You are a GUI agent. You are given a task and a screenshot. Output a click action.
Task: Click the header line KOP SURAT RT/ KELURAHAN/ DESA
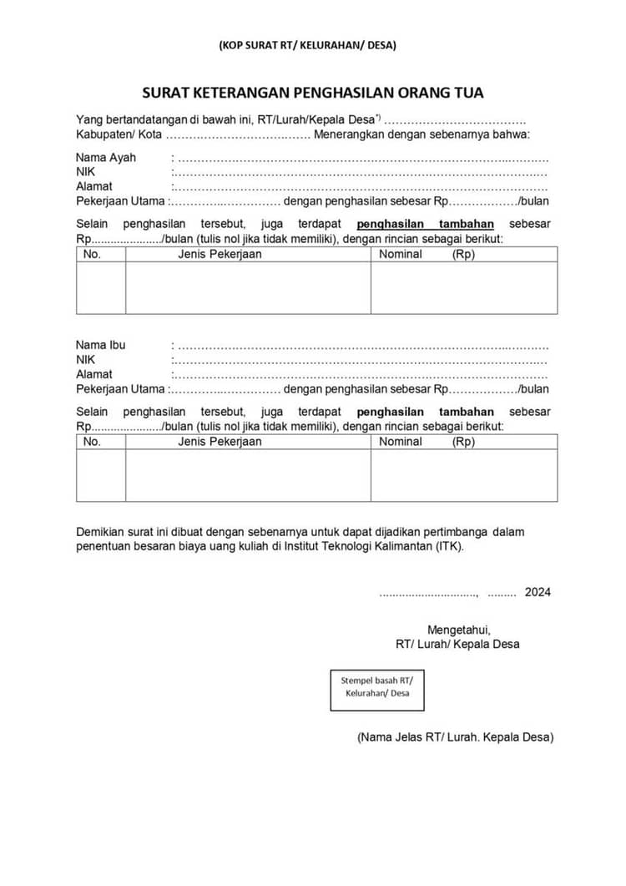tap(307, 45)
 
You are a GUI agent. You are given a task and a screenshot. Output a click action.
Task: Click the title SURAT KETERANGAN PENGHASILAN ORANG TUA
tap(312, 93)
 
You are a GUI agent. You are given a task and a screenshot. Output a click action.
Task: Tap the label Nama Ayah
tap(106, 157)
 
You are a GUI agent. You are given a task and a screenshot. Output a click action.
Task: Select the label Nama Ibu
tap(101, 345)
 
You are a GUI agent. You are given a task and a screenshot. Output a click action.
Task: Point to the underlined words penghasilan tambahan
tap(425, 224)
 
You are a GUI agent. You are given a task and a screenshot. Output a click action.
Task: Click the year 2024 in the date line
tap(538, 592)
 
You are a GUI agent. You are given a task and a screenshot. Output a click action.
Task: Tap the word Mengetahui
tap(458, 630)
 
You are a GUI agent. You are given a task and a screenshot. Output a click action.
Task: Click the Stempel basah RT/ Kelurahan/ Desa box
tap(377, 686)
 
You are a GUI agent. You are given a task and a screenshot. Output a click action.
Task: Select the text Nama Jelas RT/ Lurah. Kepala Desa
tap(455, 737)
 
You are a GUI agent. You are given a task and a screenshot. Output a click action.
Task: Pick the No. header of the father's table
tap(92, 254)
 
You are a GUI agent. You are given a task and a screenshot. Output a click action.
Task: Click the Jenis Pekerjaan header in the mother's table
tap(220, 442)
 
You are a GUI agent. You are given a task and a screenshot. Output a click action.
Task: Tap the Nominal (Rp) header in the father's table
tap(427, 254)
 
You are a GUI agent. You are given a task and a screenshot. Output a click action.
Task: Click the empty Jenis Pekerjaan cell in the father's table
tap(248, 288)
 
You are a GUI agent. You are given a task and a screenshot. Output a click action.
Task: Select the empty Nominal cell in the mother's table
tap(463, 475)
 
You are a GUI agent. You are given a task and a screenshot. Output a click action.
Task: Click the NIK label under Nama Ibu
tap(86, 360)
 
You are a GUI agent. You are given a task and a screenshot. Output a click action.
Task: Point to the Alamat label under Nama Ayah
tap(94, 186)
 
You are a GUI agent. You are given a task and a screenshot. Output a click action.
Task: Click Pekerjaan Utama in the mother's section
tap(120, 389)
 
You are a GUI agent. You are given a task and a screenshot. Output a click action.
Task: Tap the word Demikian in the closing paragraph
tap(99, 532)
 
